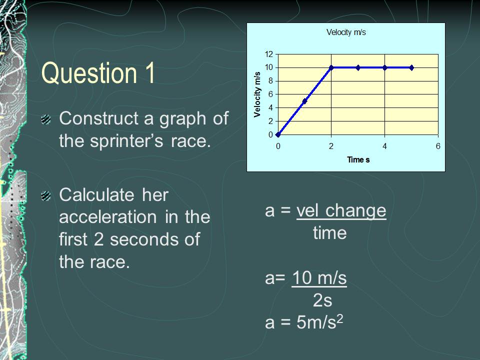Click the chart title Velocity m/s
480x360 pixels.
pyautogui.click(x=346, y=32)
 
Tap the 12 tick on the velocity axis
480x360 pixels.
pyautogui.click(x=269, y=54)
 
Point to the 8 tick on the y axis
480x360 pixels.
pyautogui.click(x=270, y=81)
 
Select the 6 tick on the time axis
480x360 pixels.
pyautogui.click(x=438, y=146)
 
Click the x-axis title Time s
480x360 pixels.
pyautogui.click(x=358, y=160)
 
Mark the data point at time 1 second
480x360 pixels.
pyautogui.click(x=304, y=101)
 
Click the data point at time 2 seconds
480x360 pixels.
pyautogui.click(x=331, y=67)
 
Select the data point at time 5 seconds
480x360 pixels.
pyautogui.click(x=411, y=67)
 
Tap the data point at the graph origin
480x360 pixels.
pyautogui.click(x=278, y=134)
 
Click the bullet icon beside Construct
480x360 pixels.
pyautogui.click(x=46, y=119)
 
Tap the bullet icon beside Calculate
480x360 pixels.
pyautogui.click(x=46, y=195)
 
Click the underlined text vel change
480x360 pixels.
pyautogui.click(x=341, y=211)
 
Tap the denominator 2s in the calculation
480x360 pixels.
pyautogui.click(x=322, y=300)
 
